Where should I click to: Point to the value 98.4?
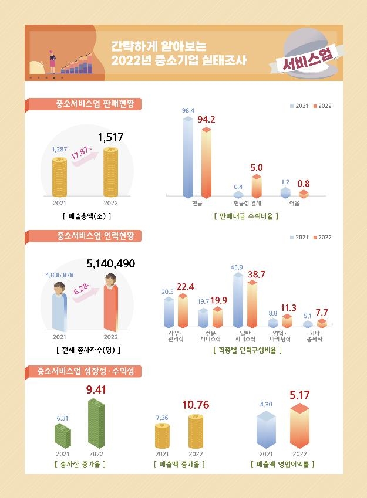pos(188,110)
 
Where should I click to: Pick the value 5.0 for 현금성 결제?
pos(257,168)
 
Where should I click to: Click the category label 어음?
pos(294,204)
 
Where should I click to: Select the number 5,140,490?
pos(111,264)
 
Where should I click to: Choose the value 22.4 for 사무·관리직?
pos(185,286)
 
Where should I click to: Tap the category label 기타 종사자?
pos(315,336)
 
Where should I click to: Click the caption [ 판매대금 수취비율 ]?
pos(246,216)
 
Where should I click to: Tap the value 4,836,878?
pos(59,275)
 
